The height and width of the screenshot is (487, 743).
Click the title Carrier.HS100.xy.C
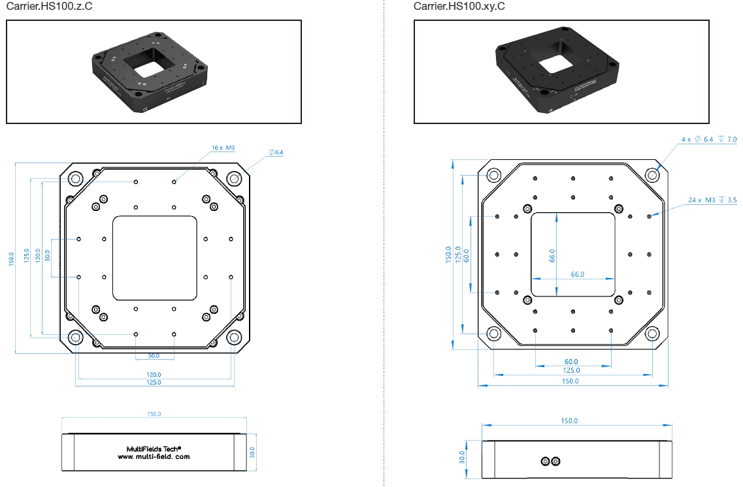(459, 7)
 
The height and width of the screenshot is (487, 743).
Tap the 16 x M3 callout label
(223, 148)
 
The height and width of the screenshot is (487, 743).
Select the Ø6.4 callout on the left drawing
(276, 152)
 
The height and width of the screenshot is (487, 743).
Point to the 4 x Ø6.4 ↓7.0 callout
(708, 140)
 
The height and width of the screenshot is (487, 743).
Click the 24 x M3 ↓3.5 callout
(712, 200)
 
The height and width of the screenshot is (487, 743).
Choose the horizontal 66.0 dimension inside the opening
(577, 274)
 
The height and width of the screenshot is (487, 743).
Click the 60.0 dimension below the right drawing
(571, 361)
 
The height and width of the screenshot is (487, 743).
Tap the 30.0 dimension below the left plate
(154, 356)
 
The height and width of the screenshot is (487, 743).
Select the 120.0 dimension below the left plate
(154, 375)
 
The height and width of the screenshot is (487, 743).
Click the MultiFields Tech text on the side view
(154, 448)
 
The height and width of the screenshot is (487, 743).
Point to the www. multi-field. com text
(154, 457)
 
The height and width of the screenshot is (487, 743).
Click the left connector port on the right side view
(546, 462)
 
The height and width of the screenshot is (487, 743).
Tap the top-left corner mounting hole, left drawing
(75, 178)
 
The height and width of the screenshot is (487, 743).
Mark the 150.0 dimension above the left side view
(154, 414)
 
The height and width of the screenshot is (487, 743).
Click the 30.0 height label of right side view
(463, 457)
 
